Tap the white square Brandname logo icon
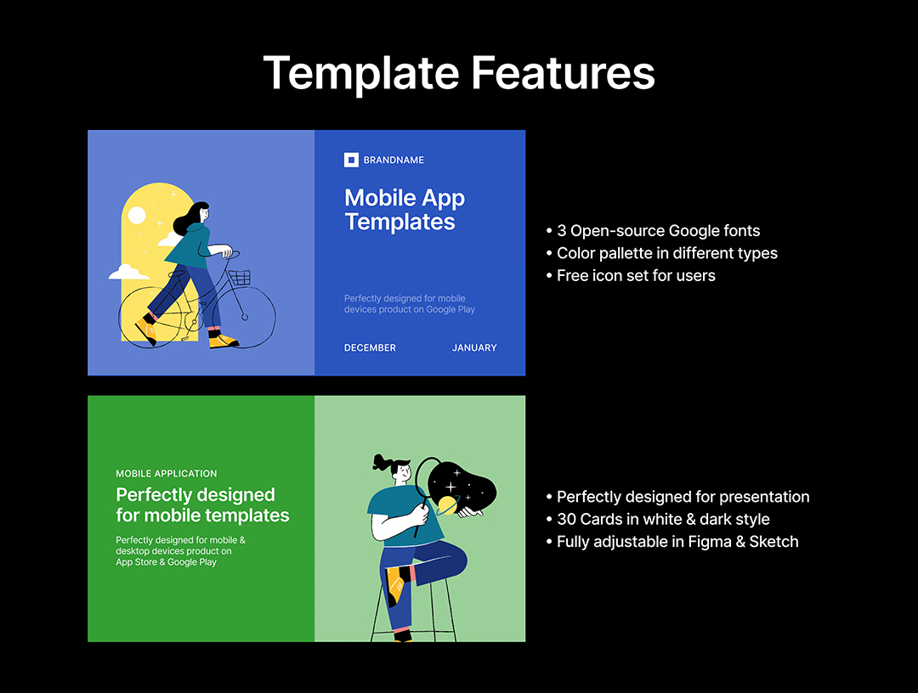click(351, 160)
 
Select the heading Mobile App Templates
click(405, 210)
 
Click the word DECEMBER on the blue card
click(370, 347)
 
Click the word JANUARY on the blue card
click(474, 347)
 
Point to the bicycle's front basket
click(240, 277)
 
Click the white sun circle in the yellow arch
click(137, 216)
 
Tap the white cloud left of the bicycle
click(129, 272)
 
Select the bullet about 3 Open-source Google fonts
click(653, 231)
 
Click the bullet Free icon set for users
click(631, 275)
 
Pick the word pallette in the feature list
click(636, 253)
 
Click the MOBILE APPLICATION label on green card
click(167, 474)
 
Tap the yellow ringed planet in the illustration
click(448, 505)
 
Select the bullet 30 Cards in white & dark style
click(657, 519)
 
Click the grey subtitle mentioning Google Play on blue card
click(409, 304)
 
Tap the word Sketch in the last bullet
click(774, 542)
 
